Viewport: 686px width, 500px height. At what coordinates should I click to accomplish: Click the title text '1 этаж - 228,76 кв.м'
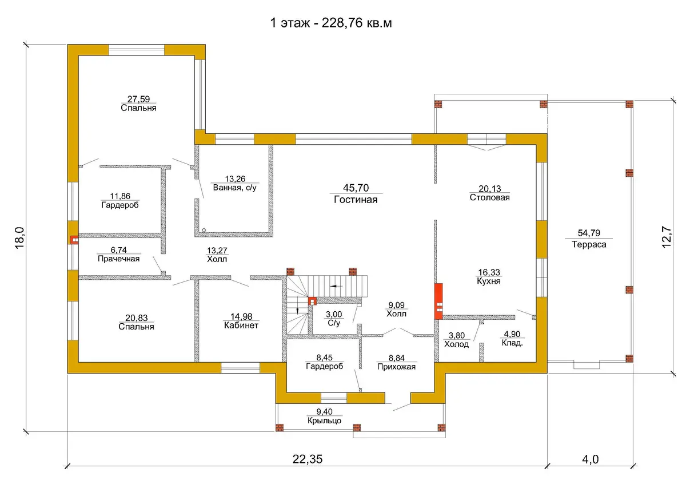[331, 23]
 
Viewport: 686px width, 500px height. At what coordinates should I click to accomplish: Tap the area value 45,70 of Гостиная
[356, 188]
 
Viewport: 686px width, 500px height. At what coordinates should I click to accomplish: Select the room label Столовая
[490, 197]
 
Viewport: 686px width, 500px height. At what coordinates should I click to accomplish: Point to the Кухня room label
[489, 281]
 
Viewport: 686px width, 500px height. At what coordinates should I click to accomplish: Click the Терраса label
[589, 245]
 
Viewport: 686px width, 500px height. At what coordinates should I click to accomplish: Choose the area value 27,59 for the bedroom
[138, 99]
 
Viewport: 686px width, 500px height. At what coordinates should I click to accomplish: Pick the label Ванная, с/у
[234, 188]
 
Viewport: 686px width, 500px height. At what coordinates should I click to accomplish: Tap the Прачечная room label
[118, 259]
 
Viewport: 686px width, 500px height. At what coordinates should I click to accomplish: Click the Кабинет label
[241, 326]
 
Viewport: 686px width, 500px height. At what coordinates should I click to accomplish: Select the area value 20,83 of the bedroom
[136, 318]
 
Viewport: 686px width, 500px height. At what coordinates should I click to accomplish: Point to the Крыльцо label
[324, 420]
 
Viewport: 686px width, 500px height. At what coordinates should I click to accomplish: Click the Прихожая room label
[396, 367]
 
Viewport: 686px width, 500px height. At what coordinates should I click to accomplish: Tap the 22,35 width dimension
[308, 459]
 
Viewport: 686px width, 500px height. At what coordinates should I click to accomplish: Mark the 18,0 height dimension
[19, 238]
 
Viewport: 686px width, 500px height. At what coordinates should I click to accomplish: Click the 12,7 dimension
[667, 237]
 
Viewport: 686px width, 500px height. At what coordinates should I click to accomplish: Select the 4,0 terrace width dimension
[590, 459]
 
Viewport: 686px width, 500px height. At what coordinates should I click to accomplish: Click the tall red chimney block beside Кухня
[438, 301]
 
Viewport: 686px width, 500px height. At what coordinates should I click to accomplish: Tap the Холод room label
[456, 344]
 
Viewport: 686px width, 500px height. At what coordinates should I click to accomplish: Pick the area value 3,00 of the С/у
[334, 314]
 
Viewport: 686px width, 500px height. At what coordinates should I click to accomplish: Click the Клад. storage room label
[512, 343]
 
